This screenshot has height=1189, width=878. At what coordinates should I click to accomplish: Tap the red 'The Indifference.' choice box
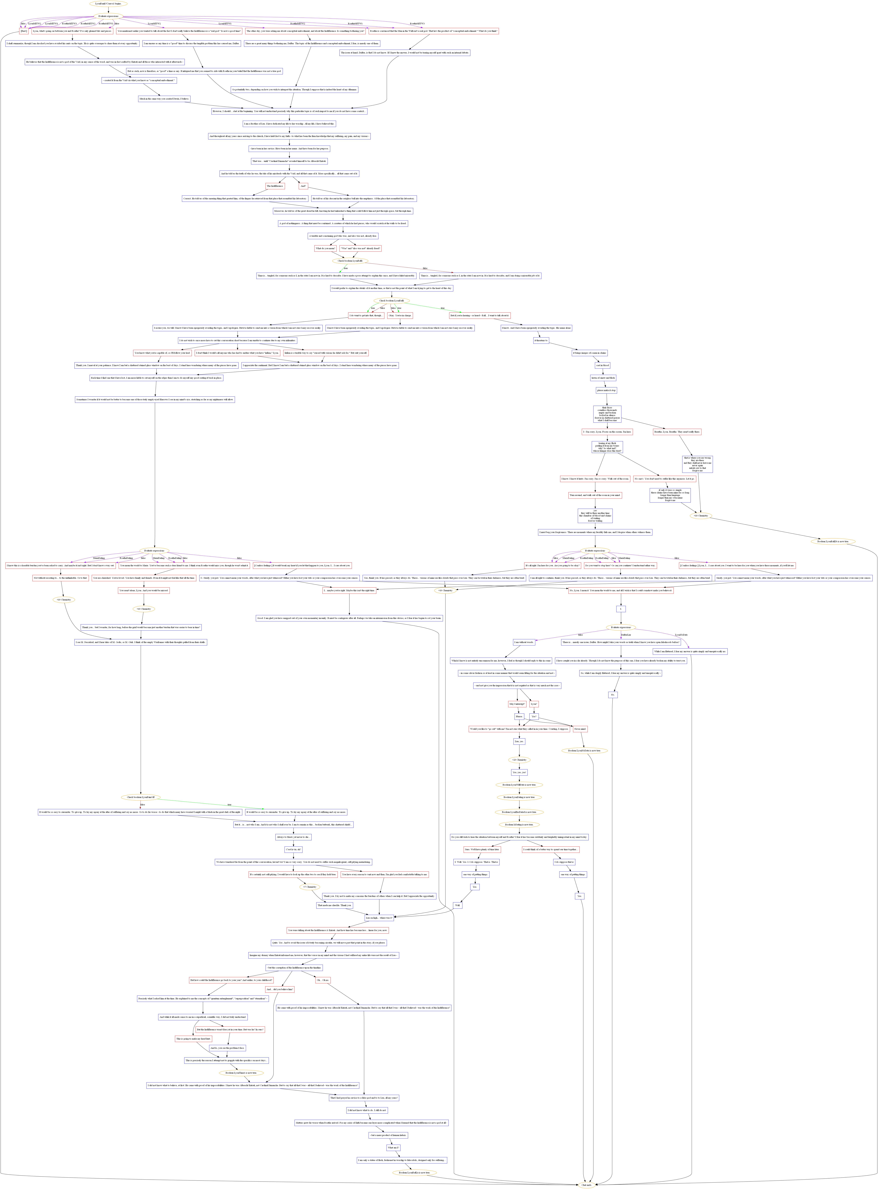(x=275, y=186)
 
